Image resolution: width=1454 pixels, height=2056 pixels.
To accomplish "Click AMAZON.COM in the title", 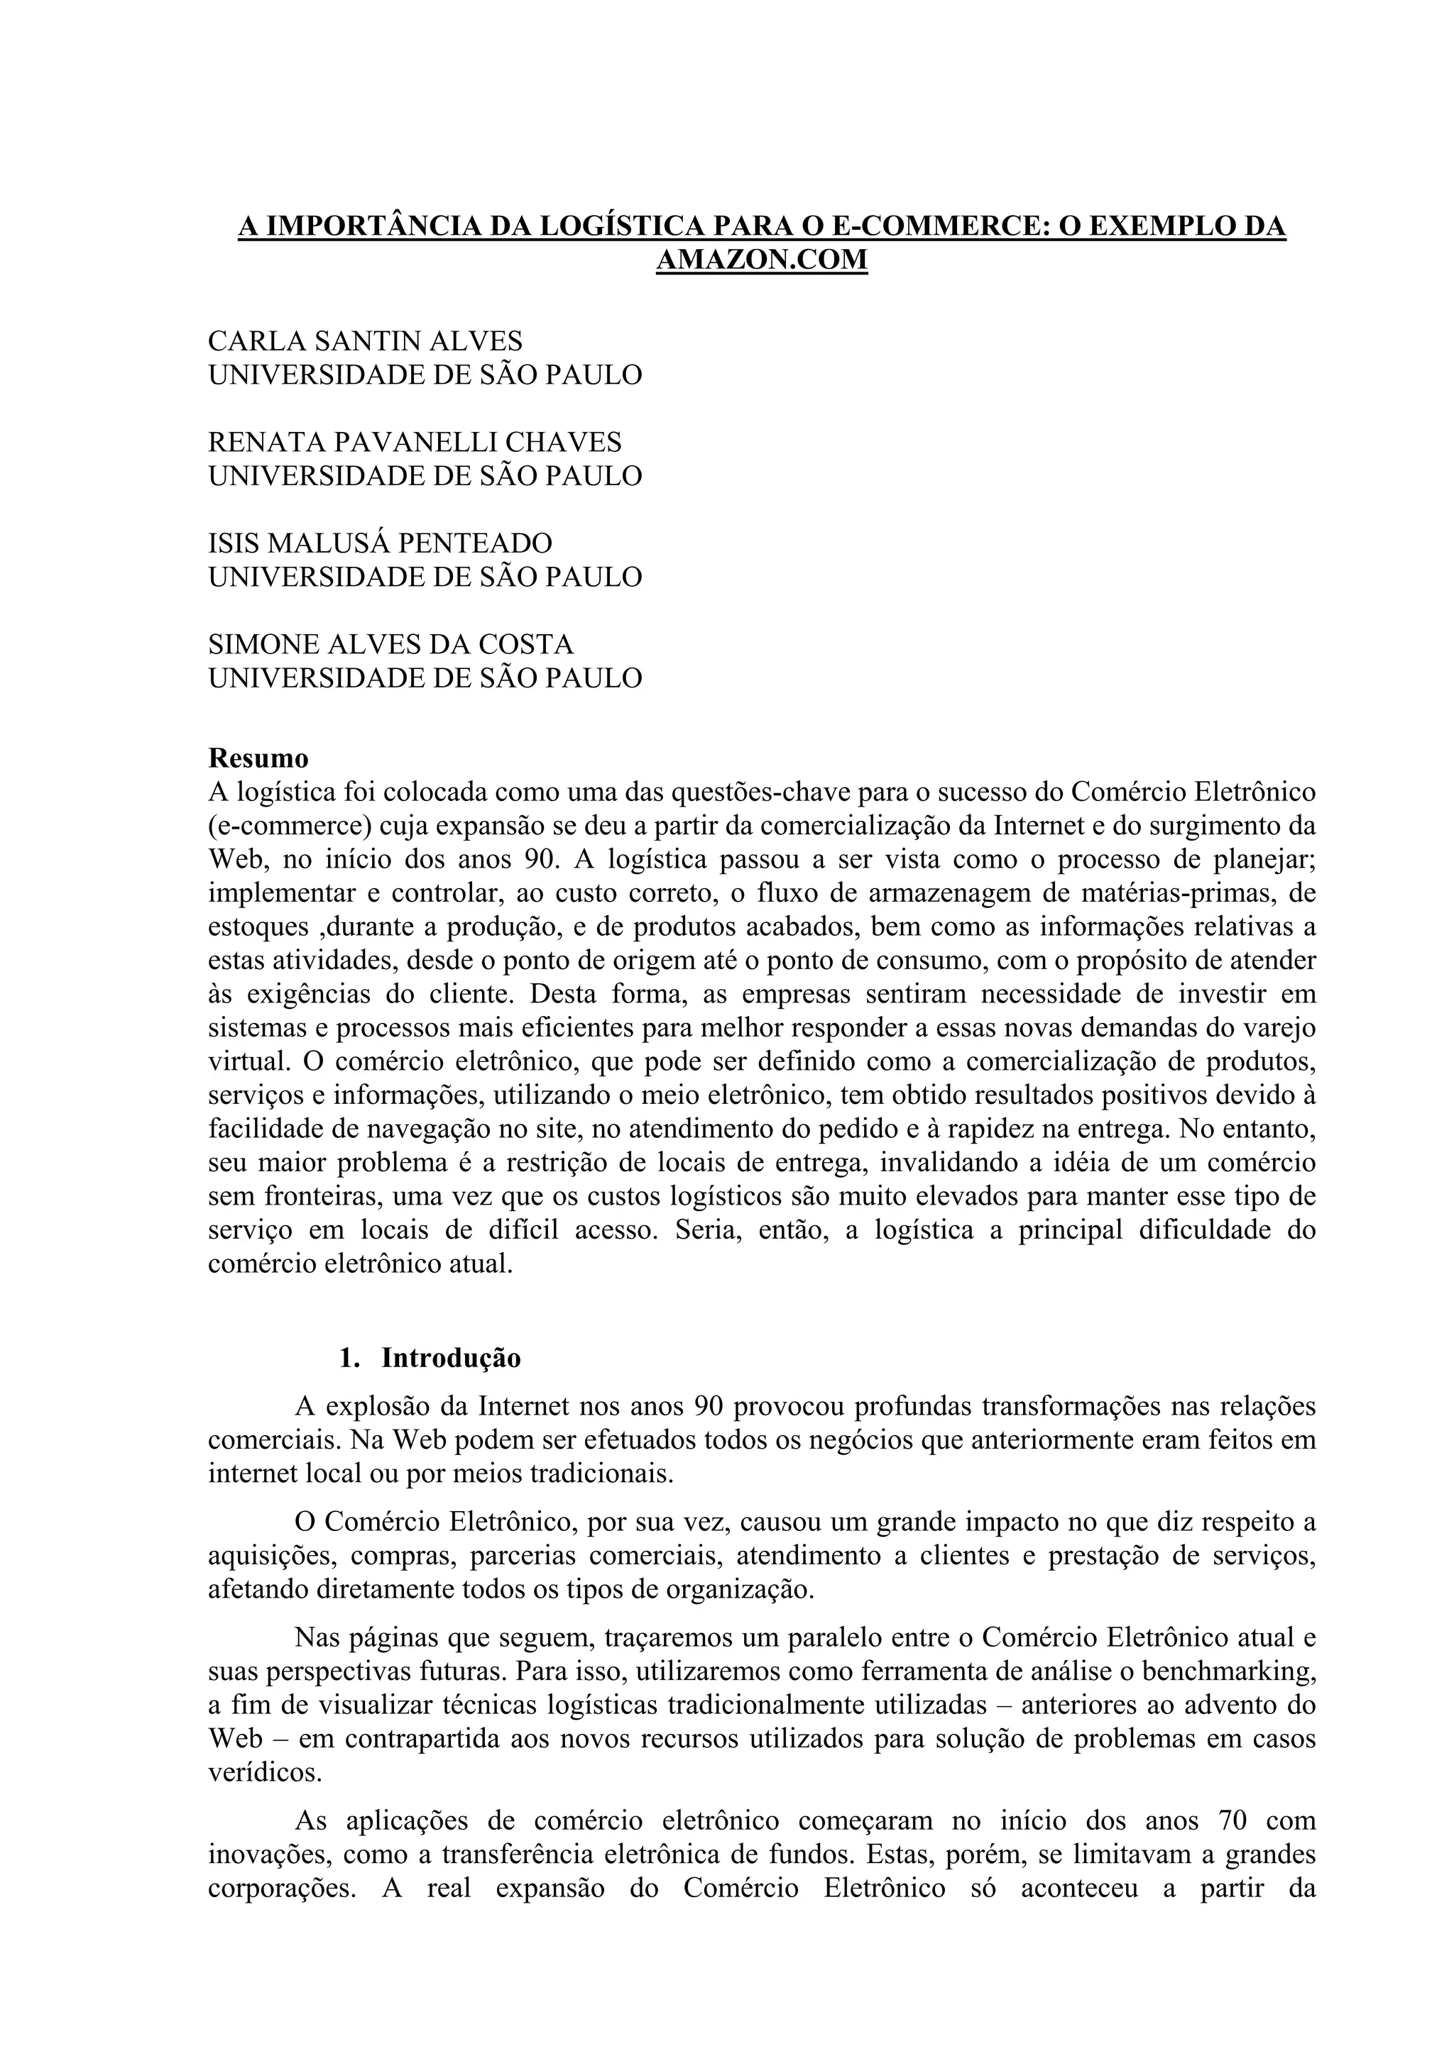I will tap(762, 260).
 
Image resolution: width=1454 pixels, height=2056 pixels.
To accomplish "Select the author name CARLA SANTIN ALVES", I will tap(366, 341).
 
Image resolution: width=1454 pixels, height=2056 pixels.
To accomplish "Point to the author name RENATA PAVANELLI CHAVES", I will tap(415, 443).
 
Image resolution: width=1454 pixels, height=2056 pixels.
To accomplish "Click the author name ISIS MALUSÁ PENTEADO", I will tap(380, 543).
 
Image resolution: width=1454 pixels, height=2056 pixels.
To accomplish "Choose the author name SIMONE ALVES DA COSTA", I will tap(390, 645).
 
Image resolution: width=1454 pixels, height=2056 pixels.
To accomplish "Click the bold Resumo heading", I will tap(258, 758).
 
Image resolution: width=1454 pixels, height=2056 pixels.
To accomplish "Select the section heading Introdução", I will tap(451, 1359).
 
